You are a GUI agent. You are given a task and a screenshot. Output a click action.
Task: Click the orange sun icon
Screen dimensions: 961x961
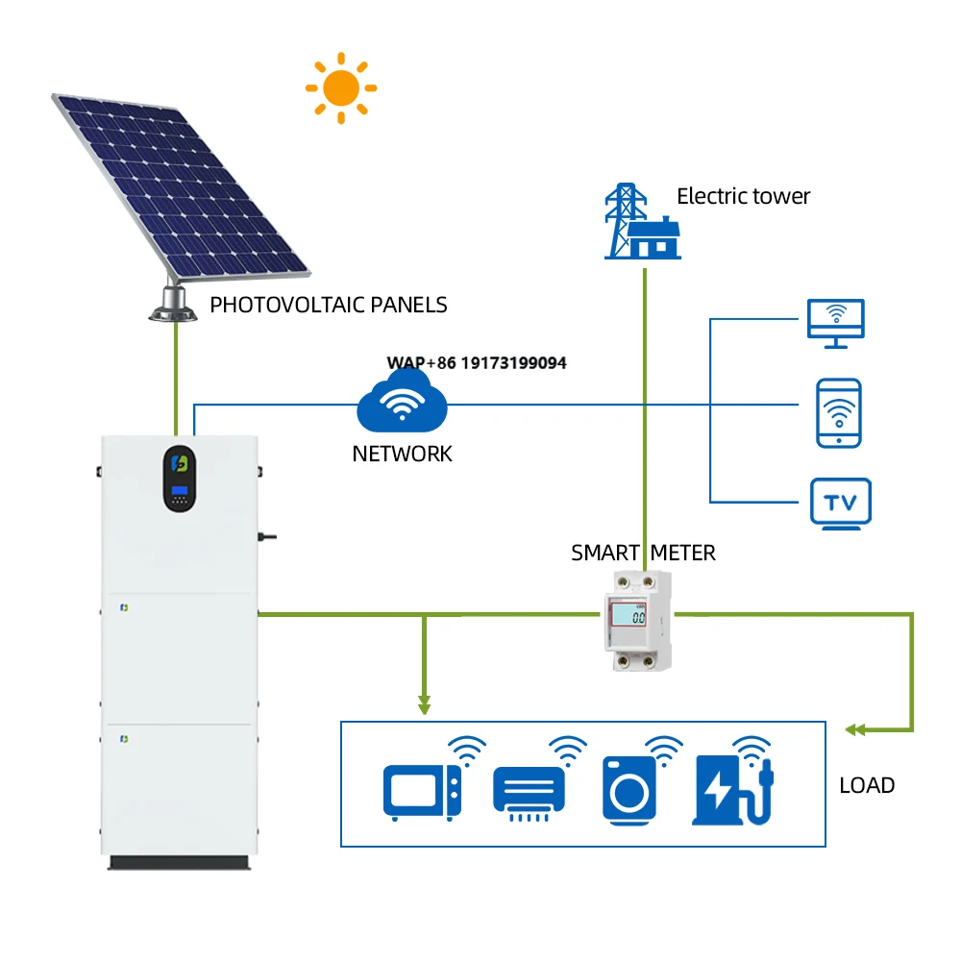coord(340,88)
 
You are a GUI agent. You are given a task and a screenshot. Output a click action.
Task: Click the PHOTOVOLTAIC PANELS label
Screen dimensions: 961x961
coord(329,306)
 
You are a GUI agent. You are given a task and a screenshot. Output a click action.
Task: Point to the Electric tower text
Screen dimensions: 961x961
coord(743,197)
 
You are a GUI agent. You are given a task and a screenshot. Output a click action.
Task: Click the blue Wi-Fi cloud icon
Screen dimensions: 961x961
coord(402,405)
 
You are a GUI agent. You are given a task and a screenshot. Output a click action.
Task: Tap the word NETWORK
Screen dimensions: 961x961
coord(402,454)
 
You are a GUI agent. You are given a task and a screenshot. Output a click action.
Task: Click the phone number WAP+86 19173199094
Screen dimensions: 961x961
coord(477,363)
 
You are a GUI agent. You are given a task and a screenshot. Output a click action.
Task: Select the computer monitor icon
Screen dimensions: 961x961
coord(836,323)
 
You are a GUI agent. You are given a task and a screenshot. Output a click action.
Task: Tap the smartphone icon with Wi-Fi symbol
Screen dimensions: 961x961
coord(838,413)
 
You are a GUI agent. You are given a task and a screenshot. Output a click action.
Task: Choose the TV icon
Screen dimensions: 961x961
coord(840,504)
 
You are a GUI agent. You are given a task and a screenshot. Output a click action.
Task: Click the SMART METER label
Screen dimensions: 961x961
coord(643,554)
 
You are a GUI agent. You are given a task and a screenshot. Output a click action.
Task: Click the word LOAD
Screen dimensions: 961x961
coord(867,785)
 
